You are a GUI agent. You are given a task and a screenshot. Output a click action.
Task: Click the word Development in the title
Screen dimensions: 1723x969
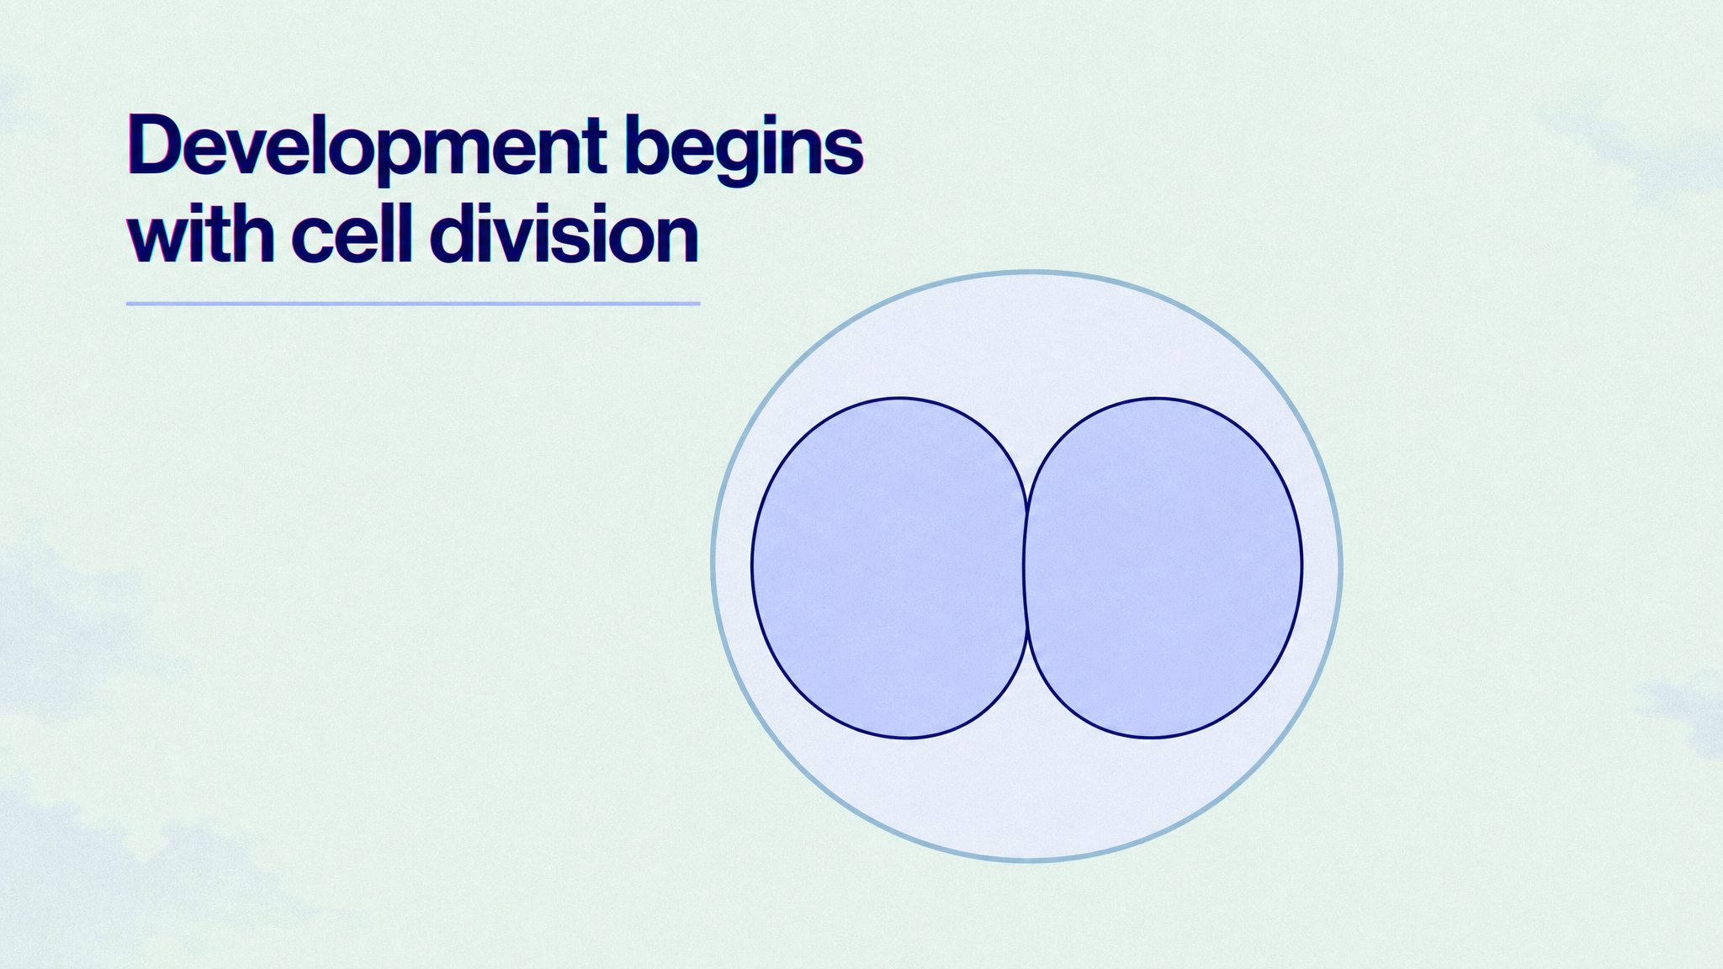click(x=368, y=148)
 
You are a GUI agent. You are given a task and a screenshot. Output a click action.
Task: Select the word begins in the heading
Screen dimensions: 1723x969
click(x=745, y=148)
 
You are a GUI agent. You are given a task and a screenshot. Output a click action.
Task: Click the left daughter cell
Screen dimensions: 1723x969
click(x=889, y=568)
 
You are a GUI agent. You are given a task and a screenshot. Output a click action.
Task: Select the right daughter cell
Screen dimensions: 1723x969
click(x=1164, y=568)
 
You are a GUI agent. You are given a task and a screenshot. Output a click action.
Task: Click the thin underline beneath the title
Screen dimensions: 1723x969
click(x=413, y=303)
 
